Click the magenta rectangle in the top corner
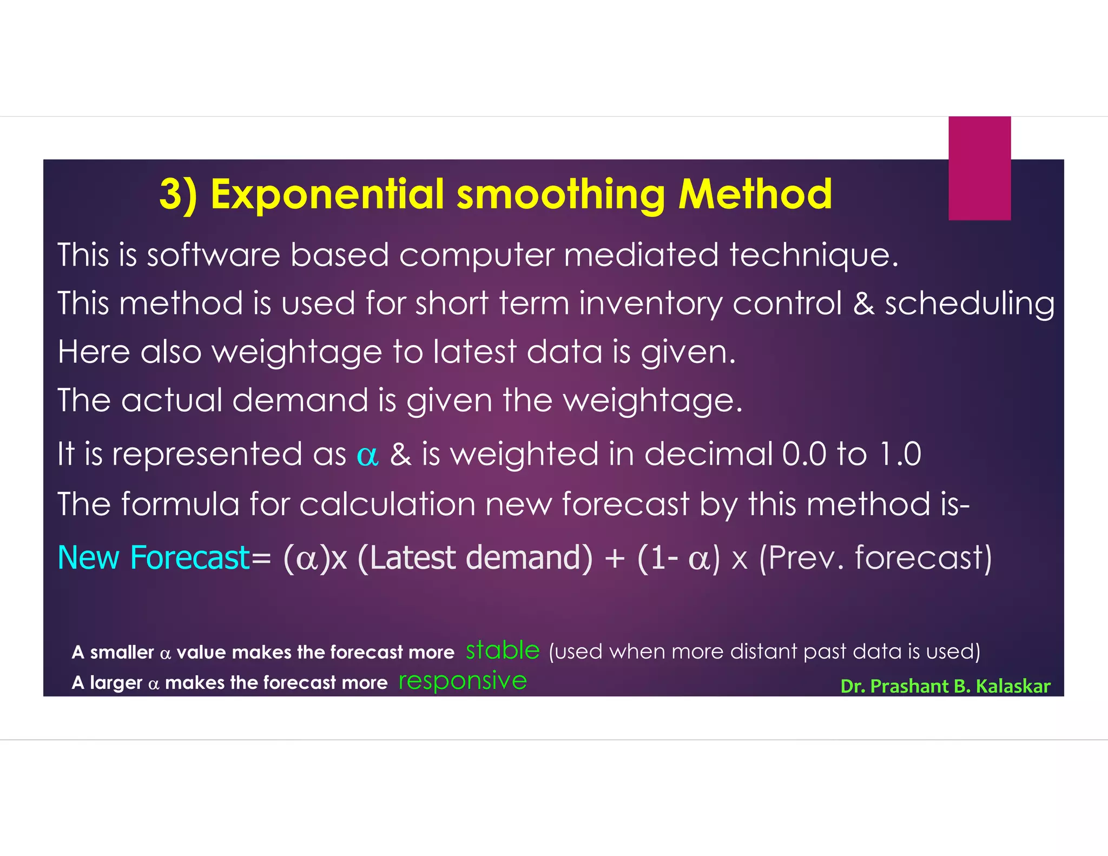(x=979, y=168)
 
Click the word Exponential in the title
(x=328, y=195)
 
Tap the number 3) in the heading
(x=178, y=195)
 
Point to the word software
(x=213, y=255)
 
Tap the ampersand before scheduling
(x=863, y=304)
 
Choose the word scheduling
(x=969, y=304)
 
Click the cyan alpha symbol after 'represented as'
(x=367, y=456)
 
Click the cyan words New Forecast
(x=154, y=558)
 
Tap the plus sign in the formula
(x=615, y=559)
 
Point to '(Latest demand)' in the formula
(x=475, y=559)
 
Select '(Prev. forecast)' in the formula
(x=875, y=559)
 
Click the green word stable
(x=503, y=650)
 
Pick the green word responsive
(x=463, y=681)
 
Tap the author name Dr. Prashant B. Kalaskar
(x=945, y=686)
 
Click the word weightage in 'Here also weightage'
(x=297, y=352)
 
